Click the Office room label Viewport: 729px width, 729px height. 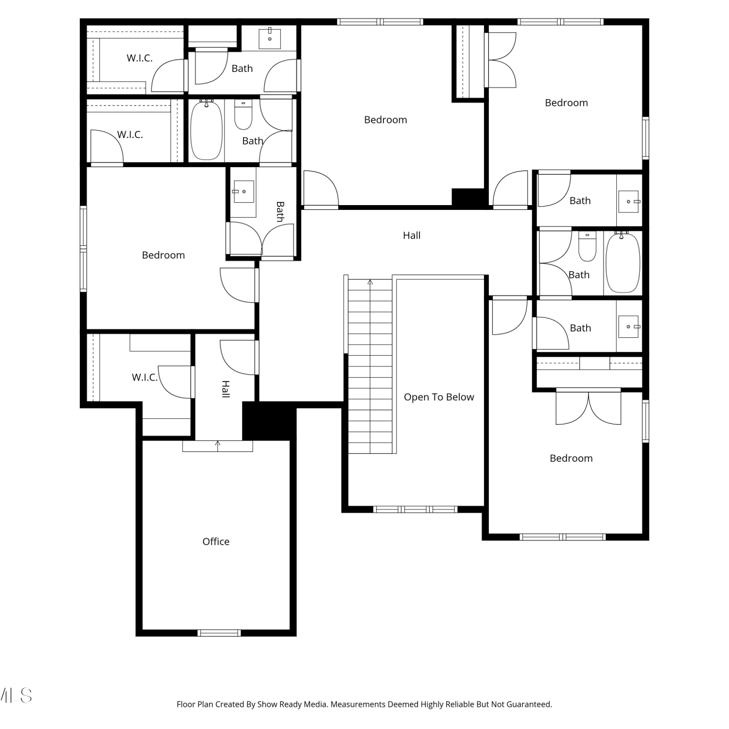click(216, 541)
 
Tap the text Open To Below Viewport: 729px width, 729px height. click(439, 397)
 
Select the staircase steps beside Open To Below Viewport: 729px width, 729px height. click(370, 366)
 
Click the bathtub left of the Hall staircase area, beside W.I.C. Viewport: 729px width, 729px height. click(207, 130)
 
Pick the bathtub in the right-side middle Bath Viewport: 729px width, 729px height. click(623, 262)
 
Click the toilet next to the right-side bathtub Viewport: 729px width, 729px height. click(587, 247)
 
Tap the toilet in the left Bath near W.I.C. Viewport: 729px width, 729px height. click(243, 115)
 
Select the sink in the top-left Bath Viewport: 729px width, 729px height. click(270, 38)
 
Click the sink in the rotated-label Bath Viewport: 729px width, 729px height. click(243, 191)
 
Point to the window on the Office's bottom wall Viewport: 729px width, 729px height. click(219, 633)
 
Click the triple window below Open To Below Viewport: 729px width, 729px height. click(416, 509)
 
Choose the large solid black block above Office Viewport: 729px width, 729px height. click(269, 421)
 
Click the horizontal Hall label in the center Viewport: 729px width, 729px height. click(412, 235)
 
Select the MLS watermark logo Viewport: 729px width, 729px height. click(16, 695)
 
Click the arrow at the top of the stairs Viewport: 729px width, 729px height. click(370, 282)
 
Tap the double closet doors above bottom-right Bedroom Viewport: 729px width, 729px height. click(589, 407)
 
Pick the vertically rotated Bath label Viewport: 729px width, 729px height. click(280, 212)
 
